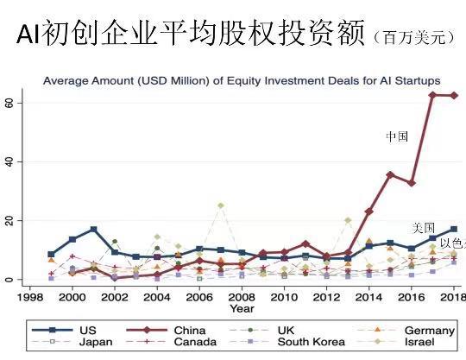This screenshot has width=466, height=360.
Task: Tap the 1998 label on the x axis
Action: (x=30, y=296)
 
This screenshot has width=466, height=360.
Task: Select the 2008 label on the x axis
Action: (x=242, y=296)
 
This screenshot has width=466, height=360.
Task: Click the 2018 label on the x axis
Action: (x=453, y=296)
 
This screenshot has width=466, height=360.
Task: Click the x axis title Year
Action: (x=242, y=308)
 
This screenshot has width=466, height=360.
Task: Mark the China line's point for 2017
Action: (x=432, y=95)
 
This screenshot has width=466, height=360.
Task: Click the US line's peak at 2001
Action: (x=93, y=230)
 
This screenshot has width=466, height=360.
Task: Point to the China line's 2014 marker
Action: (x=368, y=211)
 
